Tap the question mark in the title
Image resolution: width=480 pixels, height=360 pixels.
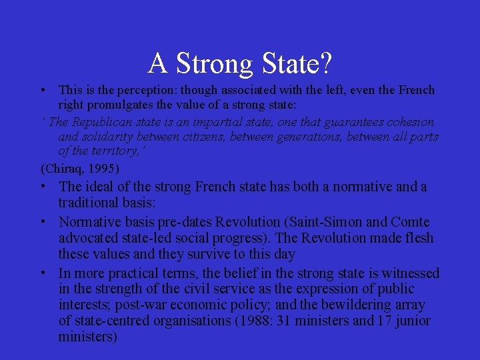326,63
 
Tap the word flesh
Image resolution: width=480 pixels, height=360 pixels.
417,238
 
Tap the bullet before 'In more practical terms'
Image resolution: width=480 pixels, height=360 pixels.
42,273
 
